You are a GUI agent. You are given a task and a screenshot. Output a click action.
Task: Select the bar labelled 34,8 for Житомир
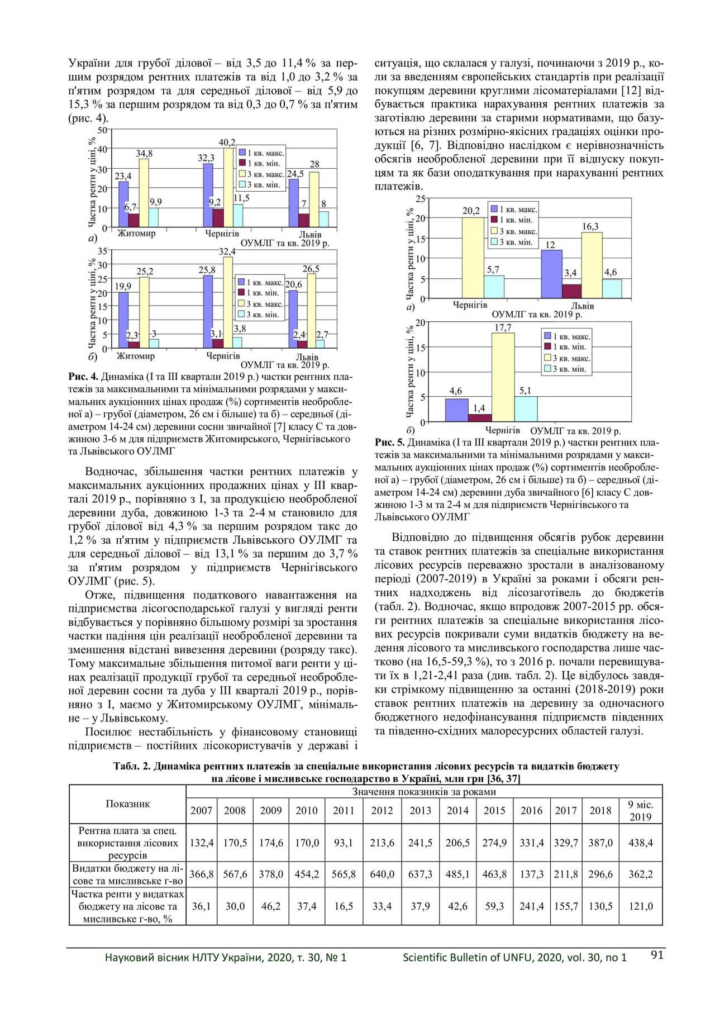(144, 193)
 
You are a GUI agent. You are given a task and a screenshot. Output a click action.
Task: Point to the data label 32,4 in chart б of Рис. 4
(227, 251)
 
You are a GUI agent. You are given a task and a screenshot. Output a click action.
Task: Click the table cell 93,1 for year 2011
(344, 843)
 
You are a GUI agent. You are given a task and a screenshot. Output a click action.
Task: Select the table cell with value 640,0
(382, 874)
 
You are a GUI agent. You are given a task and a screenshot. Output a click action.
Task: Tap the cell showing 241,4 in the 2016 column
(531, 906)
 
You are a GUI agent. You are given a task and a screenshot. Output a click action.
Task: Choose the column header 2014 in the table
(457, 810)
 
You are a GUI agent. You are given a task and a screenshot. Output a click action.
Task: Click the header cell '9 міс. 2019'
(641, 810)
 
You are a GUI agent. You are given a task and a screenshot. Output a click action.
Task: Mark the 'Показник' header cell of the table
(127, 804)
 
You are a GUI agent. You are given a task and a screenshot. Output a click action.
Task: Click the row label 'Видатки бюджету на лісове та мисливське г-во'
(127, 874)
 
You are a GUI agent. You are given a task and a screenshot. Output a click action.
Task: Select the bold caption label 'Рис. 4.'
(83, 377)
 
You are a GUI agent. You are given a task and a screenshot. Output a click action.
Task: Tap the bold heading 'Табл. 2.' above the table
(132, 766)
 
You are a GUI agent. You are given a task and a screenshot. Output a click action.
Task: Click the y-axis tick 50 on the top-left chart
(103, 129)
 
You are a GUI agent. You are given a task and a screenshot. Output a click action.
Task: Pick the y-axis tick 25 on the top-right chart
(420, 198)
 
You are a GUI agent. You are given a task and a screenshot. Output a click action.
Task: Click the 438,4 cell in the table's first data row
(641, 843)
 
